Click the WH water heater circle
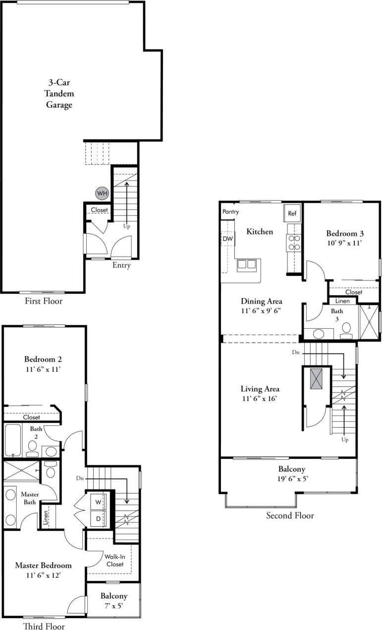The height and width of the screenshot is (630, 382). point(102,193)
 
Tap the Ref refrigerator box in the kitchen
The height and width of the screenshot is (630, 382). point(292,214)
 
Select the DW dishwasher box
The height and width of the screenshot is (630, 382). point(228,239)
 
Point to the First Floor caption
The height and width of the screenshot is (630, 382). point(44,301)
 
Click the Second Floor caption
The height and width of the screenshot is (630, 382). point(290,516)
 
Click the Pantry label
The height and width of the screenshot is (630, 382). point(230,212)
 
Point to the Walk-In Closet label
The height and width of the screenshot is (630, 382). point(114,560)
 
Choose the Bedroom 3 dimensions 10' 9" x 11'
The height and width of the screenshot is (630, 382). point(342,243)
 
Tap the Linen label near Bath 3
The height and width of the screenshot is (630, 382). point(342,301)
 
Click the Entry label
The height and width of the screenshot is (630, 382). point(121,266)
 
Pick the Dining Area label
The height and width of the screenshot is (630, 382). point(262,301)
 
